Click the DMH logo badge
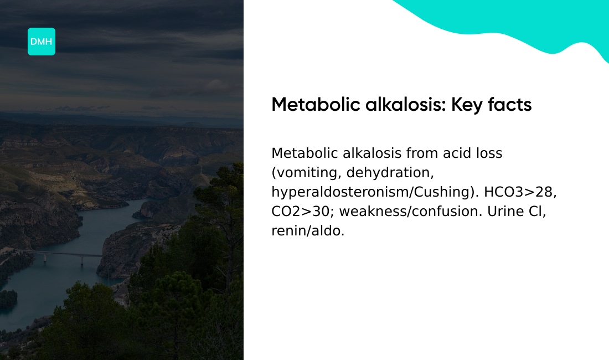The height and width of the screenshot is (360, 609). [42, 42]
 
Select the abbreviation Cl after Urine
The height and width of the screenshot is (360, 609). [538, 212]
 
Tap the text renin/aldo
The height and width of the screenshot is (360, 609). [308, 231]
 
